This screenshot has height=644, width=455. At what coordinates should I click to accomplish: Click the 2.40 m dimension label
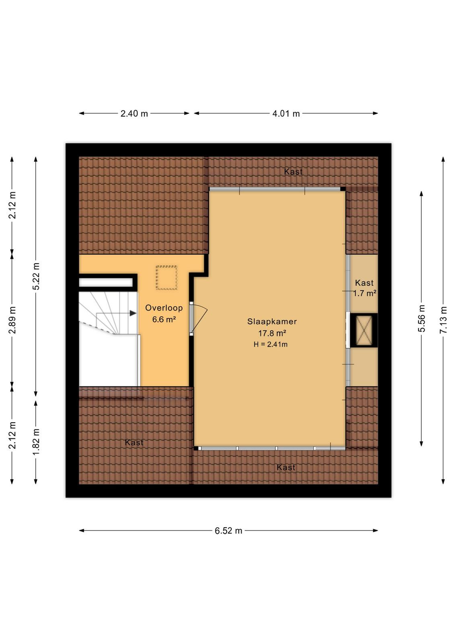coord(134,114)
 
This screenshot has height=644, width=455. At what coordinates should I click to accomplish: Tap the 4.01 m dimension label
coord(286,114)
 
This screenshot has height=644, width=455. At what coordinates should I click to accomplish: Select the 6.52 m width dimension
coord(228,530)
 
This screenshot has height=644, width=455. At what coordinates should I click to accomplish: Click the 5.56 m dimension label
coord(421,318)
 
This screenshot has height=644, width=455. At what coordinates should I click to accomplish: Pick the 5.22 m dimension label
coord(36,276)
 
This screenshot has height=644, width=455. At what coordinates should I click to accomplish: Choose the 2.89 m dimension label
coord(12,320)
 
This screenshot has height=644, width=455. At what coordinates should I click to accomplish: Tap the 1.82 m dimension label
coord(36,442)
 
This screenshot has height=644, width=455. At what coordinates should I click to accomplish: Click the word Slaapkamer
coord(272,322)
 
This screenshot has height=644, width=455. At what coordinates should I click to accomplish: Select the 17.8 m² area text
coord(272,333)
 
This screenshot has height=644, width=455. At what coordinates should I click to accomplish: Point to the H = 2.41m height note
coord(271,344)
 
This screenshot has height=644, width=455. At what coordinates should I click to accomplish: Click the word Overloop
coord(164,308)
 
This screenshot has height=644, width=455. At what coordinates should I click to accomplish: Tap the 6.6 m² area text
coord(164,320)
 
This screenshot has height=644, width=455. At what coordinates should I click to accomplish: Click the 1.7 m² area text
coord(365,293)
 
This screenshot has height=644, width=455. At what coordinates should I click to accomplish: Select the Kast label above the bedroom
coord(293,171)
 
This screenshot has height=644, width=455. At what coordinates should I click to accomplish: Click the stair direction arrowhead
coord(133,313)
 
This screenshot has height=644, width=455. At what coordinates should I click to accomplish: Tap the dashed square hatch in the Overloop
coord(166,278)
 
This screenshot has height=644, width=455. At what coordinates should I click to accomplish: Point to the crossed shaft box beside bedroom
coord(364,330)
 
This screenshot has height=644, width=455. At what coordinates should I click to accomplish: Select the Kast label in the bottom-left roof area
coord(134,442)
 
